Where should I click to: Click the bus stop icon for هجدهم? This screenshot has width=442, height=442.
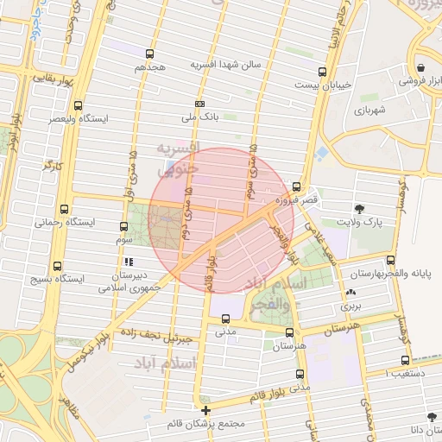150,54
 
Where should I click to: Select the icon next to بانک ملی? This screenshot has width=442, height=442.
200,104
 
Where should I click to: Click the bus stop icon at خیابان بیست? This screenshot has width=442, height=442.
322,72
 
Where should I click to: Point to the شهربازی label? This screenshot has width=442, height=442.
362,110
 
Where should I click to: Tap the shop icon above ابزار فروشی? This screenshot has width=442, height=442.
420,67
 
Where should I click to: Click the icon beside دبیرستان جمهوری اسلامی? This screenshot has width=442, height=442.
129,261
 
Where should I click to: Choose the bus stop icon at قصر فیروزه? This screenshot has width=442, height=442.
297,186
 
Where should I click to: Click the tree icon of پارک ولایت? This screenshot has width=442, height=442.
360,208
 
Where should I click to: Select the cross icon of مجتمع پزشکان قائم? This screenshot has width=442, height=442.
205,410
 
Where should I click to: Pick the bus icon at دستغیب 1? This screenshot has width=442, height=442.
405,361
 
